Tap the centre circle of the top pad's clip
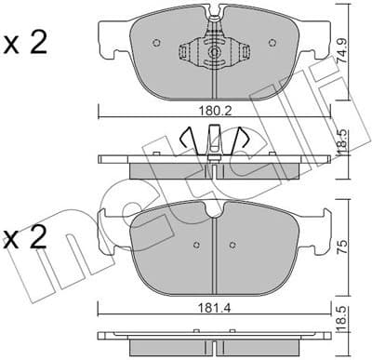[215, 54]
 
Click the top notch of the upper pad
[216, 16]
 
